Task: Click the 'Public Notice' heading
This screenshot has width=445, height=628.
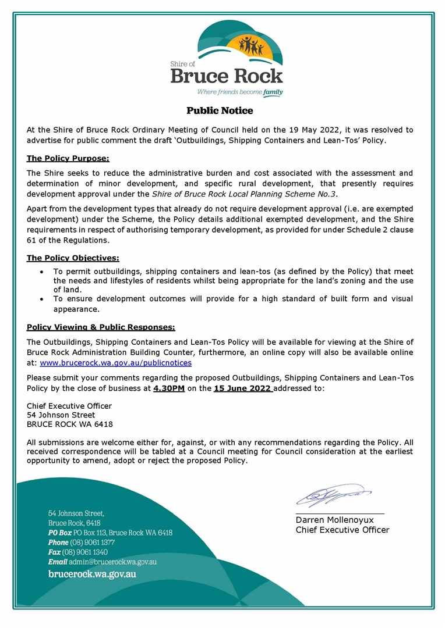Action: [220, 110]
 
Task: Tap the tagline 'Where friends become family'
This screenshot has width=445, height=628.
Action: [239, 92]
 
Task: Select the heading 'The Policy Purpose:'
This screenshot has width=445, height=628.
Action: [68, 158]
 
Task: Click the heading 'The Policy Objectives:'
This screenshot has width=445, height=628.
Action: [73, 258]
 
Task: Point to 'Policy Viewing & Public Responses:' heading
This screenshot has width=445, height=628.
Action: [101, 327]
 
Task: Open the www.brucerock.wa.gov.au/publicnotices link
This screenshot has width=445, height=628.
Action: [115, 363]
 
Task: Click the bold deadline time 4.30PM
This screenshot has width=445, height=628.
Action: [169, 388]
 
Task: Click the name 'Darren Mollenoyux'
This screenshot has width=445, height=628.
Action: [334, 520]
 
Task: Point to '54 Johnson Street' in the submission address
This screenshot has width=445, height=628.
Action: [61, 415]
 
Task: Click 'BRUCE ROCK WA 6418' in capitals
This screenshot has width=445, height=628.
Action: [70, 424]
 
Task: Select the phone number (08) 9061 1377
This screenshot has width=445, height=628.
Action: [89, 543]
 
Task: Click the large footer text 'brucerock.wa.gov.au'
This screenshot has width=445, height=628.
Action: [92, 575]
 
